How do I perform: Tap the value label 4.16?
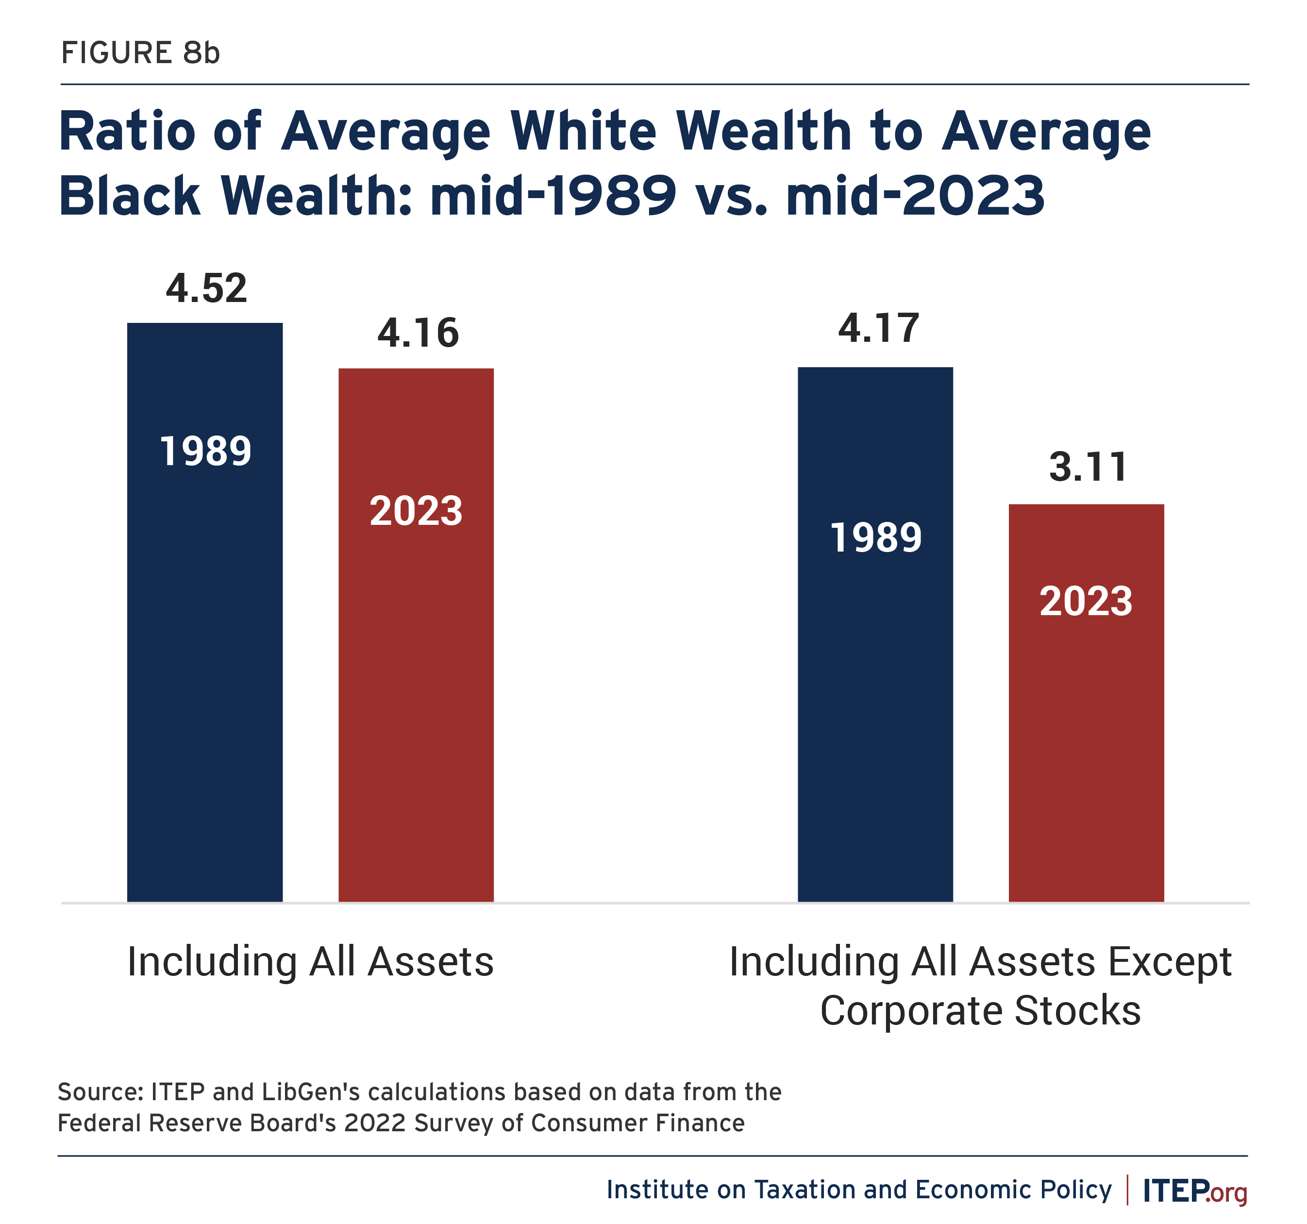point(418,333)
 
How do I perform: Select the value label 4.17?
point(878,329)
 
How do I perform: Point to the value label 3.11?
point(1088,468)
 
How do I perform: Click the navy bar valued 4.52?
point(205,612)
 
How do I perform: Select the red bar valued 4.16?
point(416,635)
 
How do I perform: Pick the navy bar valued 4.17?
point(875,635)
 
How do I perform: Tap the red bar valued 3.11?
point(1086,703)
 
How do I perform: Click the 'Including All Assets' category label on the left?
point(310,962)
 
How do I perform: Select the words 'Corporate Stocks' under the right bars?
point(980,1010)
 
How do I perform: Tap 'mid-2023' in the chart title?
point(915,195)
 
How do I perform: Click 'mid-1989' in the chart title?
point(553,195)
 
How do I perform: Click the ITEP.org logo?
point(1194,1190)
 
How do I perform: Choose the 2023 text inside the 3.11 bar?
point(1086,602)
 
